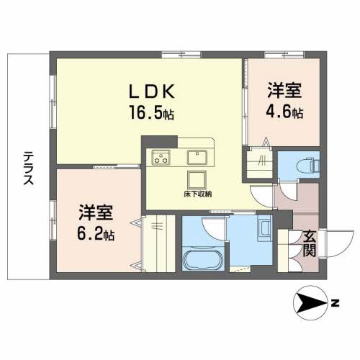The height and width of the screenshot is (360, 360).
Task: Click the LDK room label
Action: coord(152,92)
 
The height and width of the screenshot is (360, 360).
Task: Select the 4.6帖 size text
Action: coord(284,113)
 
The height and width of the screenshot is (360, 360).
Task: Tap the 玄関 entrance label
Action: coord(308,243)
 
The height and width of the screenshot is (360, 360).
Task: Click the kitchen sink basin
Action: coord(197,156)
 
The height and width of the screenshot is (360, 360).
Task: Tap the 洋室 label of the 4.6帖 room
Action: coord(284,93)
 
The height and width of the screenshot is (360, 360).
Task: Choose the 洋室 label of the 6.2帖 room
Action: coord(96,214)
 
